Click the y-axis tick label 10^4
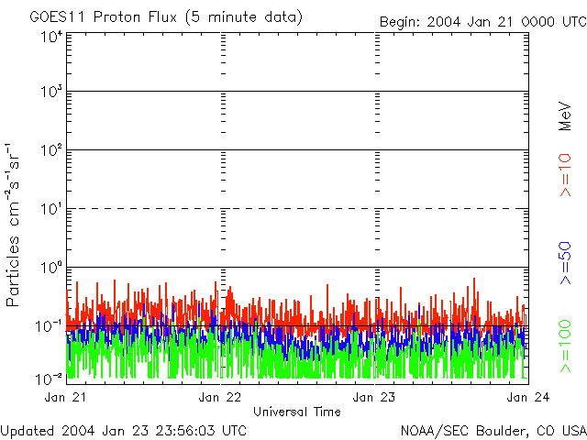(51, 37)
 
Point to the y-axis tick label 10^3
(51, 93)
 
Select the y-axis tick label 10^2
(51, 150)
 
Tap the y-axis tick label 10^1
(51, 209)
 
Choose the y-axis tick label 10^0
(51, 268)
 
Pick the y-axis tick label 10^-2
(51, 378)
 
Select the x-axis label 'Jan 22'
(220, 397)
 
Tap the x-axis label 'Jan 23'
(375, 397)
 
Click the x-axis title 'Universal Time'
(296, 412)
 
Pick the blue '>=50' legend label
(566, 261)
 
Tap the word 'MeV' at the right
(566, 117)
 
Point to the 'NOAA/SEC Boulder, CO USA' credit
(493, 430)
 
